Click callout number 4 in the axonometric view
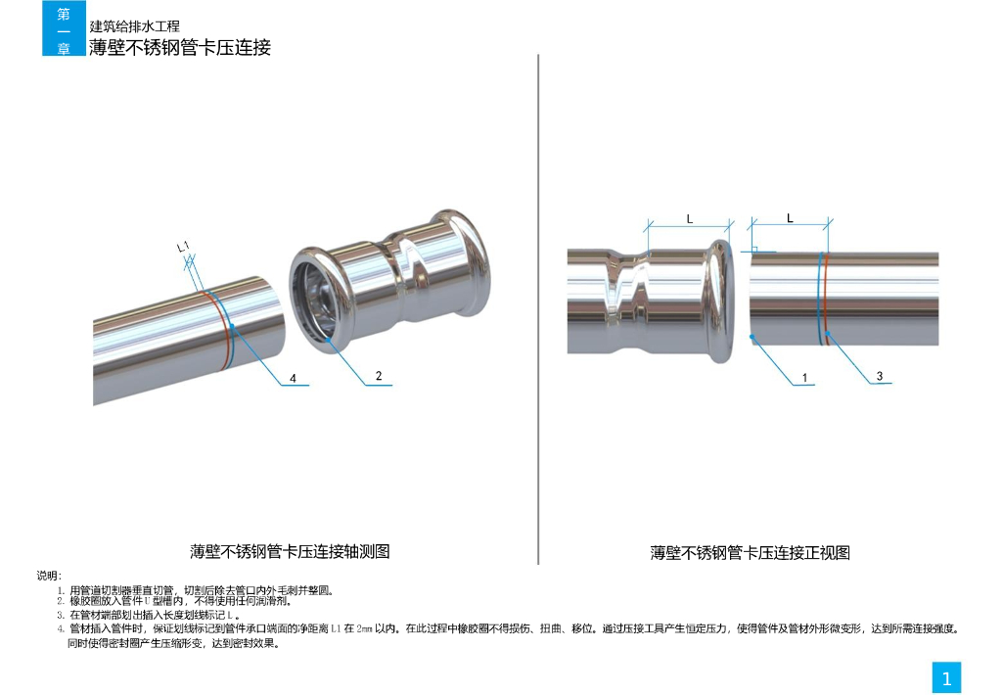pos(293,378)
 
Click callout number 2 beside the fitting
pos(379,376)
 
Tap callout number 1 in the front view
pos(804,378)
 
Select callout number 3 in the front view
pos(880,376)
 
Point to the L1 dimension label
pos(183,246)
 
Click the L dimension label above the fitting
pos(690,218)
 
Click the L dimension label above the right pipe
pos(790,218)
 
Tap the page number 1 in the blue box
pos(946,678)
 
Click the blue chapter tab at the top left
pos(64,28)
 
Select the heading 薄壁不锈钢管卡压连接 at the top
pos(180,47)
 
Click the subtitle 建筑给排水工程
pos(134,26)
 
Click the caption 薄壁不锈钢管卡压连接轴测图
pos(290,552)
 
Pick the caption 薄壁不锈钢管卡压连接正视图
pos(751,553)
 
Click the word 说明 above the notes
pos(49,576)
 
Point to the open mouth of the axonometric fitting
pos(313,300)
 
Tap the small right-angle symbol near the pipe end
pos(754,250)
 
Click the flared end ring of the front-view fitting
pos(721,301)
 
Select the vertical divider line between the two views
pos(538,309)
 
